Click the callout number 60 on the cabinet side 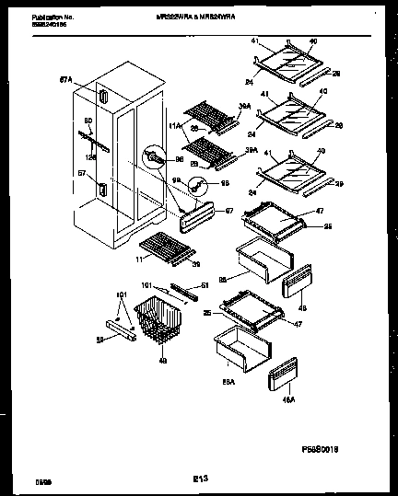click(88, 121)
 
